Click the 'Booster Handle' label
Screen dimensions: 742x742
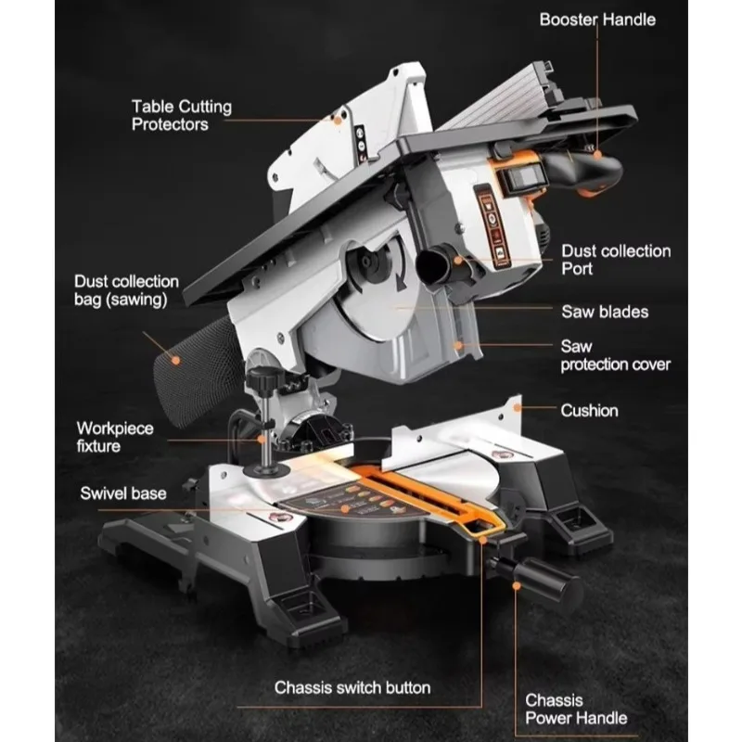click(597, 19)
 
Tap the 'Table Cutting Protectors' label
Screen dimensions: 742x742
click(182, 115)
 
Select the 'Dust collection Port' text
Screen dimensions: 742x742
click(616, 260)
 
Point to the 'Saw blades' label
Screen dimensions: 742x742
click(605, 312)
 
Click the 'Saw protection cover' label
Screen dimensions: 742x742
click(615, 355)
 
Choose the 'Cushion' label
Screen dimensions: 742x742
click(589, 410)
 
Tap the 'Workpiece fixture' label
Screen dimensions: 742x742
click(115, 437)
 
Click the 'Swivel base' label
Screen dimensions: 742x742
click(123, 493)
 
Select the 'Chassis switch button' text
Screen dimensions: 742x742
click(352, 687)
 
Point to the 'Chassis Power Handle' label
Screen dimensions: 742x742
click(576, 709)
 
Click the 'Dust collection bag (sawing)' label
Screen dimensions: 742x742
click(126, 290)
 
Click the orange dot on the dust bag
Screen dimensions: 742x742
click(175, 361)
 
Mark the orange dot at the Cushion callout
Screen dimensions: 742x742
click(518, 407)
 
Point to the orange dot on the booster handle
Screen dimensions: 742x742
click(597, 154)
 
